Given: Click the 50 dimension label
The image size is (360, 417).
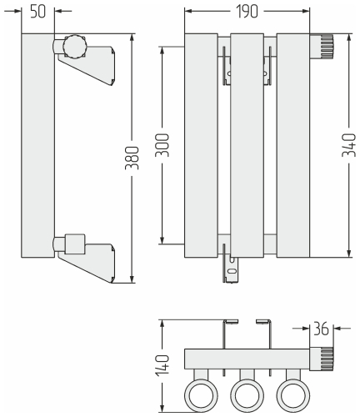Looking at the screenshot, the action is (x=37, y=12).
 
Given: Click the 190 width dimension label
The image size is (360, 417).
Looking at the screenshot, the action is (x=247, y=12).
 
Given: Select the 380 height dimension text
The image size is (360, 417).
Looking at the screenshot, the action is (x=132, y=158).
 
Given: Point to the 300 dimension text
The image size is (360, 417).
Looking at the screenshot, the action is (x=162, y=145).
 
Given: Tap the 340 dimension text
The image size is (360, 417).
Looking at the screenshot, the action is (x=349, y=145).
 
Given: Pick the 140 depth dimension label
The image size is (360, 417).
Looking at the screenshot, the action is (x=162, y=365).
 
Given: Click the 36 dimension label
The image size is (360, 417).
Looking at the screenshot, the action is (x=321, y=329).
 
